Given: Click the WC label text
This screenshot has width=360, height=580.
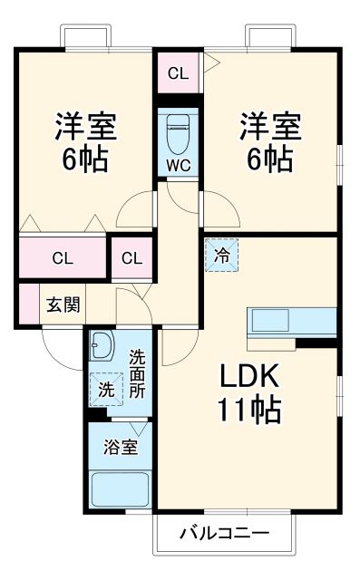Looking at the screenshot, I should tap(178, 166).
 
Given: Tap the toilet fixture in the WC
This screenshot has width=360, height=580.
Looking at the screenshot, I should tap(178, 131).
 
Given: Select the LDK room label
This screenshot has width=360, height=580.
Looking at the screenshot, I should tap(248, 376).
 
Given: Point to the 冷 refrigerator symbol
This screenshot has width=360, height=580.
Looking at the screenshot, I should tap(222, 255).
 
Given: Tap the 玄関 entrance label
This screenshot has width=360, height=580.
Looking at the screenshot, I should tap(63, 304).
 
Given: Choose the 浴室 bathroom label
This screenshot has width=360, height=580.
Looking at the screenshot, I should tap(121, 447).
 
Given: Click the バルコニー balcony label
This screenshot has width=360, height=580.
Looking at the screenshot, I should tap(224, 532).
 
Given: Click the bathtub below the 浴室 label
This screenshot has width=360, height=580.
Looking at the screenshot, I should tap(121, 490).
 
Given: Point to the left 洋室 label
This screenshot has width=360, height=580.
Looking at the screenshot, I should tap(85, 124).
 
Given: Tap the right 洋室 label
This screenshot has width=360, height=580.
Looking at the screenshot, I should tap(269, 124).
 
